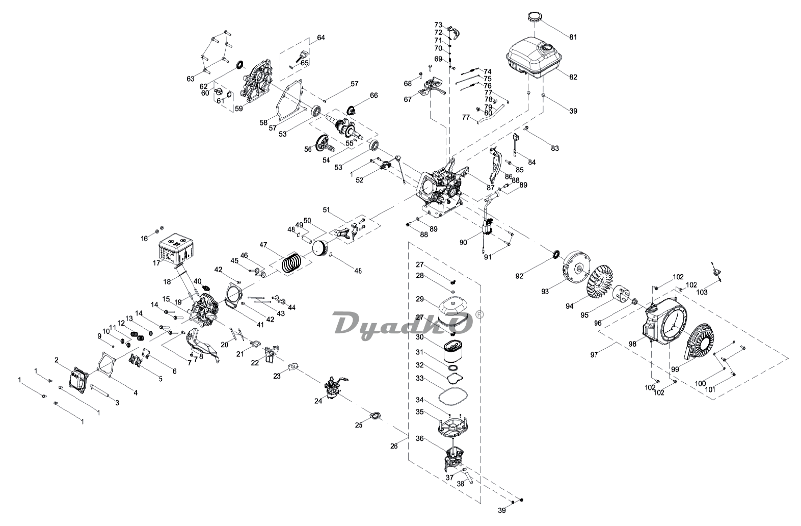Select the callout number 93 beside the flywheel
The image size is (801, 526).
pos(545,292)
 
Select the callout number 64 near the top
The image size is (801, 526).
pos(321,38)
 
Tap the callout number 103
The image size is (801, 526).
pos(702,293)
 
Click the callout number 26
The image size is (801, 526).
pos(394,446)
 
